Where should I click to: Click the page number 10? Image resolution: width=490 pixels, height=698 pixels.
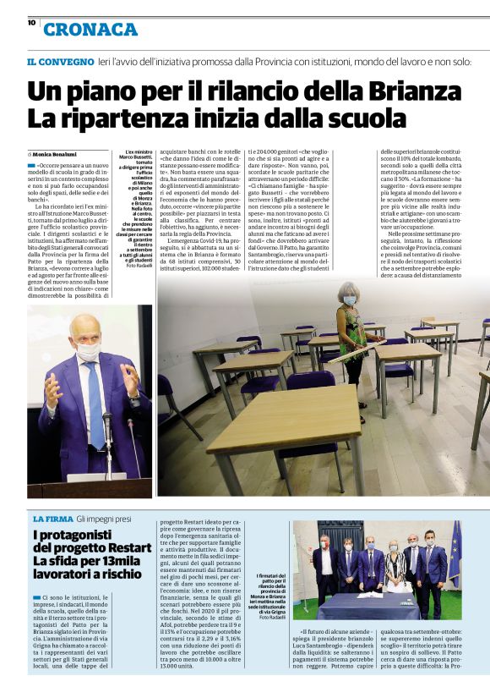[x=30, y=23]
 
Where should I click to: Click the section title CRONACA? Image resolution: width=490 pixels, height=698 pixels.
[x=90, y=30]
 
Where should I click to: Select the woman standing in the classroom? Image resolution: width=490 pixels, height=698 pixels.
[x=349, y=338]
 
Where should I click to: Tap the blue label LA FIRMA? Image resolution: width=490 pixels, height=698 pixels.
[x=52, y=518]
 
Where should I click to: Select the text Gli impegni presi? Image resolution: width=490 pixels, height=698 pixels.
[x=104, y=518]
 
